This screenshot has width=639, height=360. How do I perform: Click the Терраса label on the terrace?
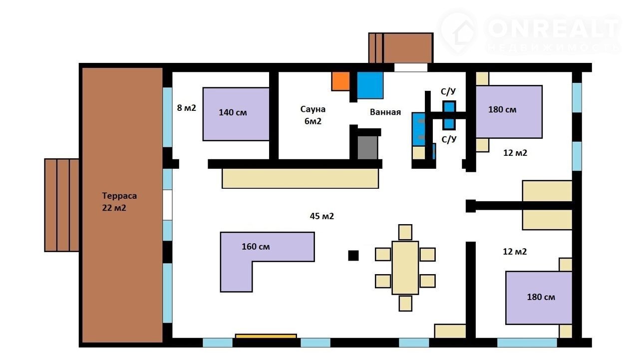pos(119,196)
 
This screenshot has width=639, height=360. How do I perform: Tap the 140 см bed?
pos(236,114)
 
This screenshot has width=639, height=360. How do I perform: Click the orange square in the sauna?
pos(340,81)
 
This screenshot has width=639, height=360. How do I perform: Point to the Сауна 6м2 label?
pos(313,115)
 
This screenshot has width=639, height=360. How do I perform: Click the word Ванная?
pos(385,112)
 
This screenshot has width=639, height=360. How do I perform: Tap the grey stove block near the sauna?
pos(367,147)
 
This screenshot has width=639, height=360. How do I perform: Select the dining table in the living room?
pos(405,268)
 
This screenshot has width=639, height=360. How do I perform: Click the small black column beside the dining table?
pos(353,256)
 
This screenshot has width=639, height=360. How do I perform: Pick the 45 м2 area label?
pos(322,216)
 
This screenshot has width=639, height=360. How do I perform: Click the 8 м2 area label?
pos(186,108)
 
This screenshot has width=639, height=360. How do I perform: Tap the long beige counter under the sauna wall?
pos(300,178)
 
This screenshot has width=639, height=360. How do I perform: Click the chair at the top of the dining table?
pos(405,232)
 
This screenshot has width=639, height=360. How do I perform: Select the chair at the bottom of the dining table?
pos(405,303)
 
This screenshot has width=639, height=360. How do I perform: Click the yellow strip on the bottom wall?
pos(266,337)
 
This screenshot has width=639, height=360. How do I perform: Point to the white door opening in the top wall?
pos(411,67)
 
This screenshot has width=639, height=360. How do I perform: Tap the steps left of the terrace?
pos(61,205)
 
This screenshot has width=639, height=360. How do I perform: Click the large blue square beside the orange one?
pos(370,85)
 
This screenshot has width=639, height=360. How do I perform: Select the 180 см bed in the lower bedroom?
pos(539,298)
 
